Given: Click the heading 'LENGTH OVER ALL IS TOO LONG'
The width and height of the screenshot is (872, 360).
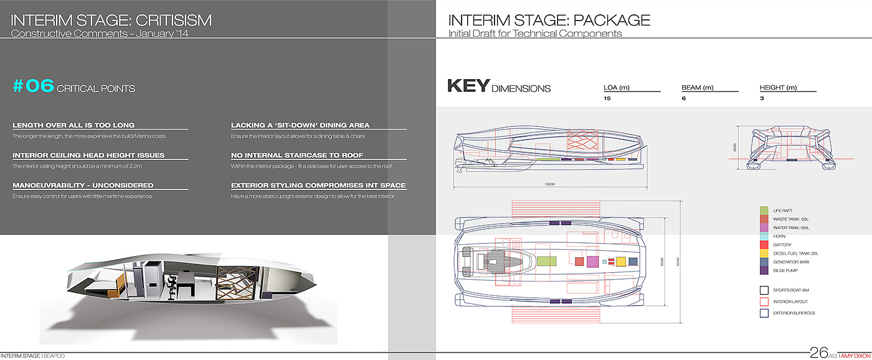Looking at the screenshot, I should [73, 125].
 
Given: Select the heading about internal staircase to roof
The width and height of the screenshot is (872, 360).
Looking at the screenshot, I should [297, 155].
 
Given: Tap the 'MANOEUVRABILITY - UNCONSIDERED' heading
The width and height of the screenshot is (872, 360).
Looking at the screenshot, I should [83, 185].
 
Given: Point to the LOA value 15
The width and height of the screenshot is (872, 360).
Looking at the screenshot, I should [607, 98].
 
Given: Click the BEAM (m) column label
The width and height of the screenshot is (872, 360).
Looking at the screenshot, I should [698, 88].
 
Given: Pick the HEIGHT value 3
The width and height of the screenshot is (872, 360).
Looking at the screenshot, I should [762, 98].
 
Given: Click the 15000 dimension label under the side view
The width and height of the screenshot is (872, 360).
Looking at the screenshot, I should [548, 184].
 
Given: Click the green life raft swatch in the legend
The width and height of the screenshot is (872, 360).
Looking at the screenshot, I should [764, 211].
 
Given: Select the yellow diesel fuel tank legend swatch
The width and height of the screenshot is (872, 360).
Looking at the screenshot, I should [764, 253].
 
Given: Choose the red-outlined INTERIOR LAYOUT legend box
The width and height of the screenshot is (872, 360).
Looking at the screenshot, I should [764, 301].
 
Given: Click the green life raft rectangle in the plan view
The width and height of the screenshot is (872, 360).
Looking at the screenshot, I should [546, 262].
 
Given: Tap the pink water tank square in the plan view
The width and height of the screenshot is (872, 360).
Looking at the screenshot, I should [592, 262].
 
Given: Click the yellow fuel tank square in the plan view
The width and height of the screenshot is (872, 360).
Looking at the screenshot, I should [620, 262].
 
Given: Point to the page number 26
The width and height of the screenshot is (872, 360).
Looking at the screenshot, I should [818, 353].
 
